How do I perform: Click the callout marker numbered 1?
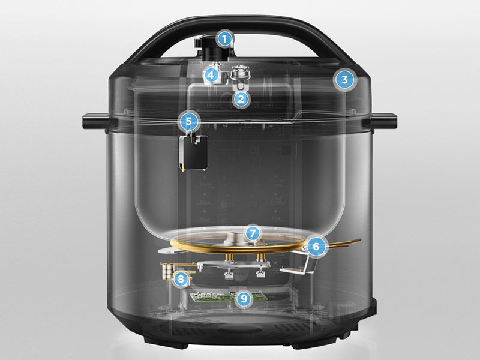(224, 40)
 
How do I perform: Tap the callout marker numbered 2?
(241, 99)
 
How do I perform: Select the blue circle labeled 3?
(343, 80)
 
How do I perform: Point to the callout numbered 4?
(211, 75)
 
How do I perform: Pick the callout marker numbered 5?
(189, 121)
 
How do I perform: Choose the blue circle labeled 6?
(316, 245)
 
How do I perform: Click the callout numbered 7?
(253, 232)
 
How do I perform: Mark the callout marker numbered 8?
(180, 278)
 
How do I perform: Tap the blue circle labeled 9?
(242, 298)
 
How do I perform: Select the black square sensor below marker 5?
(196, 152)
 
